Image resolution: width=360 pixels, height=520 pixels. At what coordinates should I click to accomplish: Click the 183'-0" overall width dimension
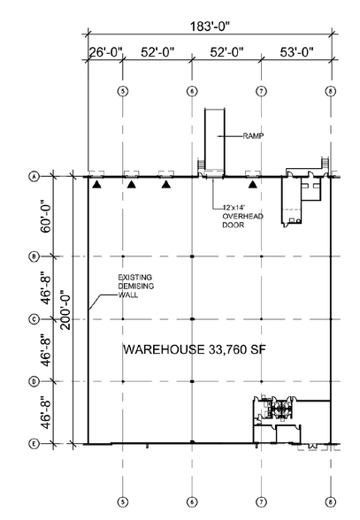click(x=210, y=27)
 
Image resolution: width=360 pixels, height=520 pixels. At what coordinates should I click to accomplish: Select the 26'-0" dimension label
click(x=106, y=52)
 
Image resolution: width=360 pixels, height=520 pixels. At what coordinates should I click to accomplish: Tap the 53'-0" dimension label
click(x=296, y=52)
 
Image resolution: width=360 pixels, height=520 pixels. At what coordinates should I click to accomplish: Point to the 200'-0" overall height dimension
click(x=66, y=310)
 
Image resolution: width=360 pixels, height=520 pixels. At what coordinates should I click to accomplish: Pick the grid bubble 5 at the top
click(x=123, y=91)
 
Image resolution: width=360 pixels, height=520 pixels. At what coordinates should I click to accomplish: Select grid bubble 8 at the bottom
click(x=331, y=502)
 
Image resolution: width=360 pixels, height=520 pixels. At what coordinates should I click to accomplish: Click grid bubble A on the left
click(x=34, y=177)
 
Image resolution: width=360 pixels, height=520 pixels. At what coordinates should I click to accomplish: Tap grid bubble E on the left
click(x=34, y=444)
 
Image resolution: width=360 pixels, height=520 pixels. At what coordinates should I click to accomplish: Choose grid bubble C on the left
click(x=34, y=319)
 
